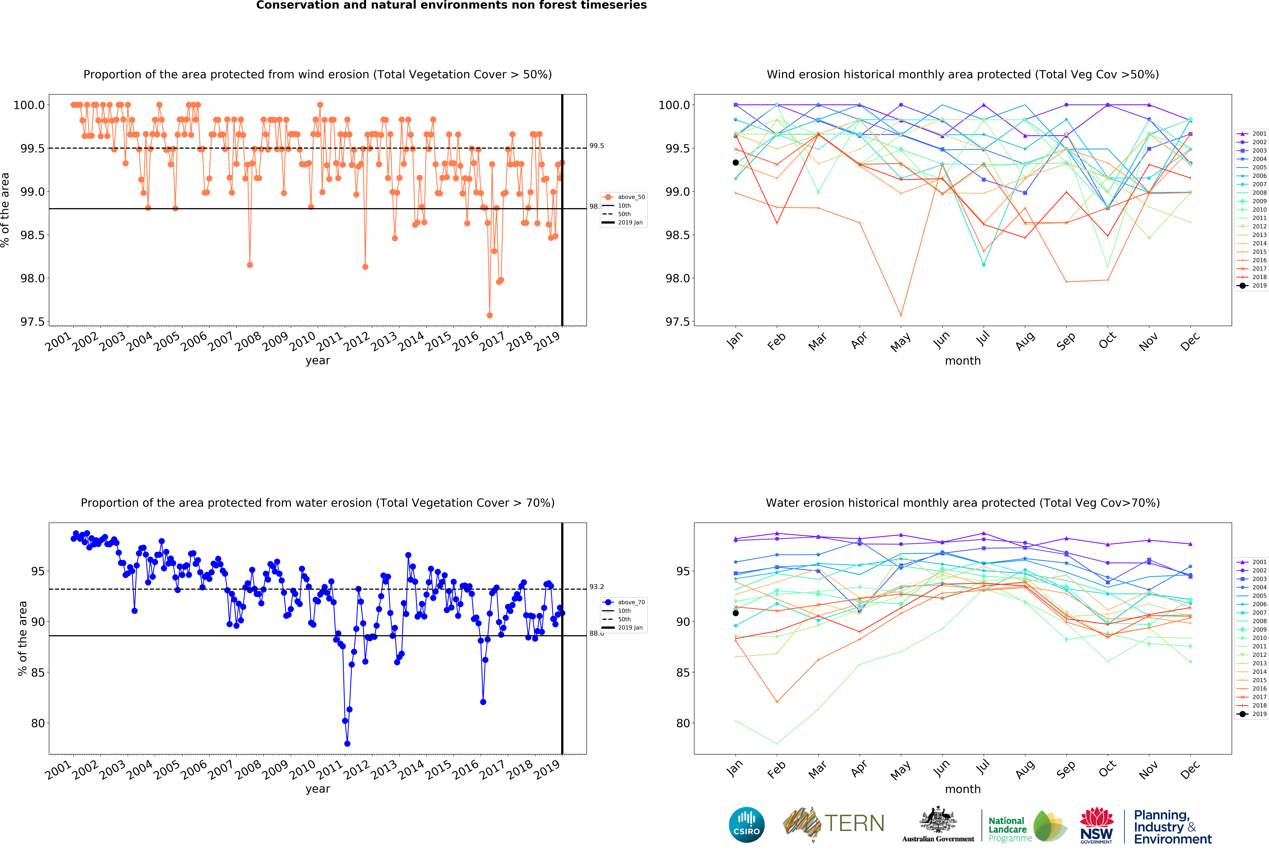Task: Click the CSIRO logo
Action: click(746, 825)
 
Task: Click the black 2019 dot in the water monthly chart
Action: click(736, 613)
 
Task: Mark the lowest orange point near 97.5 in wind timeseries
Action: click(489, 315)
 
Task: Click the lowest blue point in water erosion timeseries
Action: click(347, 743)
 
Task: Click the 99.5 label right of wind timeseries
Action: click(596, 146)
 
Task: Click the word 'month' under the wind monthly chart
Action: click(963, 361)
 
